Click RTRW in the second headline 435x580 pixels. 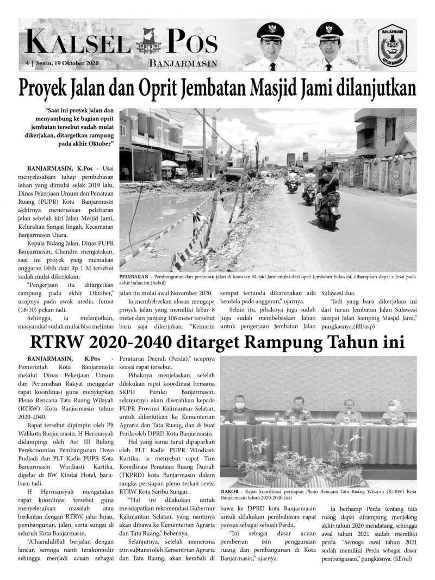[x=58, y=343]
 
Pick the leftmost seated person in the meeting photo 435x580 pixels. [x=238, y=411]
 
